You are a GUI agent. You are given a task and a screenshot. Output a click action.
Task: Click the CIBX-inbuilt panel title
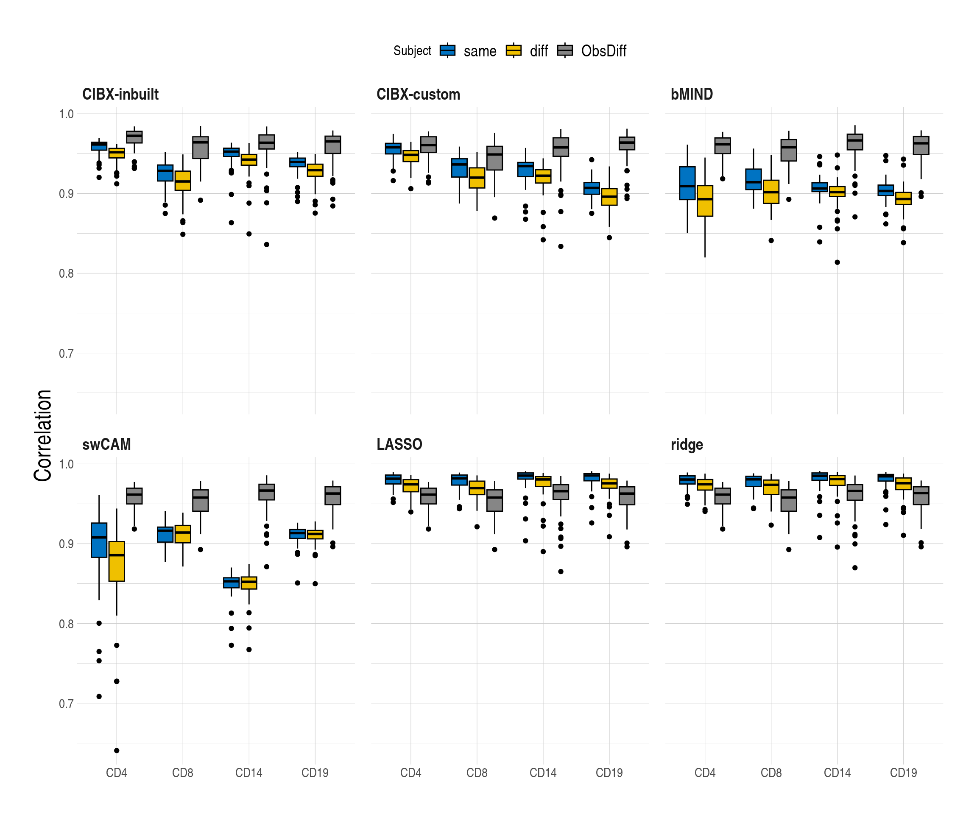click(120, 95)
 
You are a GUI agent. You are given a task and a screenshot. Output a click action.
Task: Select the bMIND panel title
click(691, 95)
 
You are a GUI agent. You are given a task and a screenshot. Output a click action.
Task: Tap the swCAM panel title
click(106, 444)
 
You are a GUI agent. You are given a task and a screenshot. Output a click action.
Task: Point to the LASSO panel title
click(399, 444)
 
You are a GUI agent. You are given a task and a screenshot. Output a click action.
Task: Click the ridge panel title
click(687, 445)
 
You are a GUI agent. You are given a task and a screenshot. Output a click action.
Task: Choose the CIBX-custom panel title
click(418, 95)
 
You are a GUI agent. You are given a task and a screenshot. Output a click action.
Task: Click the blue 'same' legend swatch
click(447, 50)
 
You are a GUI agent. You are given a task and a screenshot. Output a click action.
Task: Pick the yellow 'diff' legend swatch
click(514, 50)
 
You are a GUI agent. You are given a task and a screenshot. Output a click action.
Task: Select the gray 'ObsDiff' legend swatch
click(565, 50)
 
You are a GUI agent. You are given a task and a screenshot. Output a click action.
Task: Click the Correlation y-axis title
click(43, 435)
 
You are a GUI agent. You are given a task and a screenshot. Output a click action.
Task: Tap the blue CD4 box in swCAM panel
click(99, 540)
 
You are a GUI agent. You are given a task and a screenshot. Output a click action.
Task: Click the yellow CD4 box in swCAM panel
click(117, 561)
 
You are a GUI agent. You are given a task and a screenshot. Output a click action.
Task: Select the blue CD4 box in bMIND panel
click(687, 183)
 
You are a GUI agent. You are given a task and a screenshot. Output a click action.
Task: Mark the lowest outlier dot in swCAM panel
click(117, 750)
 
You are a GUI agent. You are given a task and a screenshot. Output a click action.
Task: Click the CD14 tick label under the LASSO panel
click(543, 772)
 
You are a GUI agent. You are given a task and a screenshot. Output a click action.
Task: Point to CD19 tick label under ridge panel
click(903, 772)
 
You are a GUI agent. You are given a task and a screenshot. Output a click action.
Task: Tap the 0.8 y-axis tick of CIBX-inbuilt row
click(66, 273)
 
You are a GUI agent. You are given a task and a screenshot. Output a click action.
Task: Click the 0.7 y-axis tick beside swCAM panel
click(66, 703)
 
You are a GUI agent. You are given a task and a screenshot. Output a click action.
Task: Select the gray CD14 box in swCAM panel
click(267, 492)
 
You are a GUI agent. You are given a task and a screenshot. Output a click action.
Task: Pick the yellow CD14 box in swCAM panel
click(249, 583)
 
